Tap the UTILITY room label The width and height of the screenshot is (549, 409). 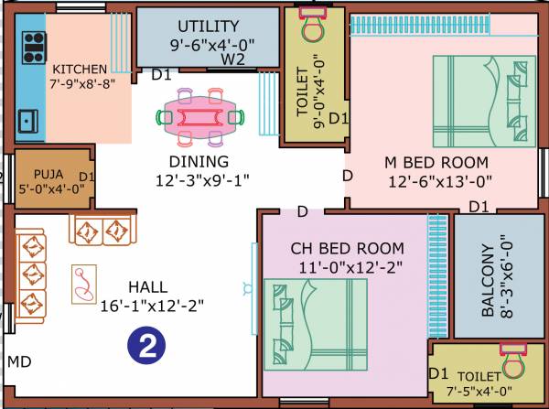(x=208, y=26)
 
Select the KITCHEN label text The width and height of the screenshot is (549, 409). (x=80, y=69)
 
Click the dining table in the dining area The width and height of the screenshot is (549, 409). (x=203, y=116)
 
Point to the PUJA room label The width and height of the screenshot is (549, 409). (x=48, y=174)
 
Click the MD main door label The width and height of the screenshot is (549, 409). (x=19, y=362)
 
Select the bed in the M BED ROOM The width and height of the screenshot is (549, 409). (x=483, y=104)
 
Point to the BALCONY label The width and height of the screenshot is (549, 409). (x=493, y=280)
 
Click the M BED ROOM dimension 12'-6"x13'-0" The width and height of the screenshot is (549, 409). (x=438, y=181)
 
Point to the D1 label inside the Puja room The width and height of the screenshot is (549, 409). (x=87, y=176)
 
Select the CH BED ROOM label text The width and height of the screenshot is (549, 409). (x=347, y=248)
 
